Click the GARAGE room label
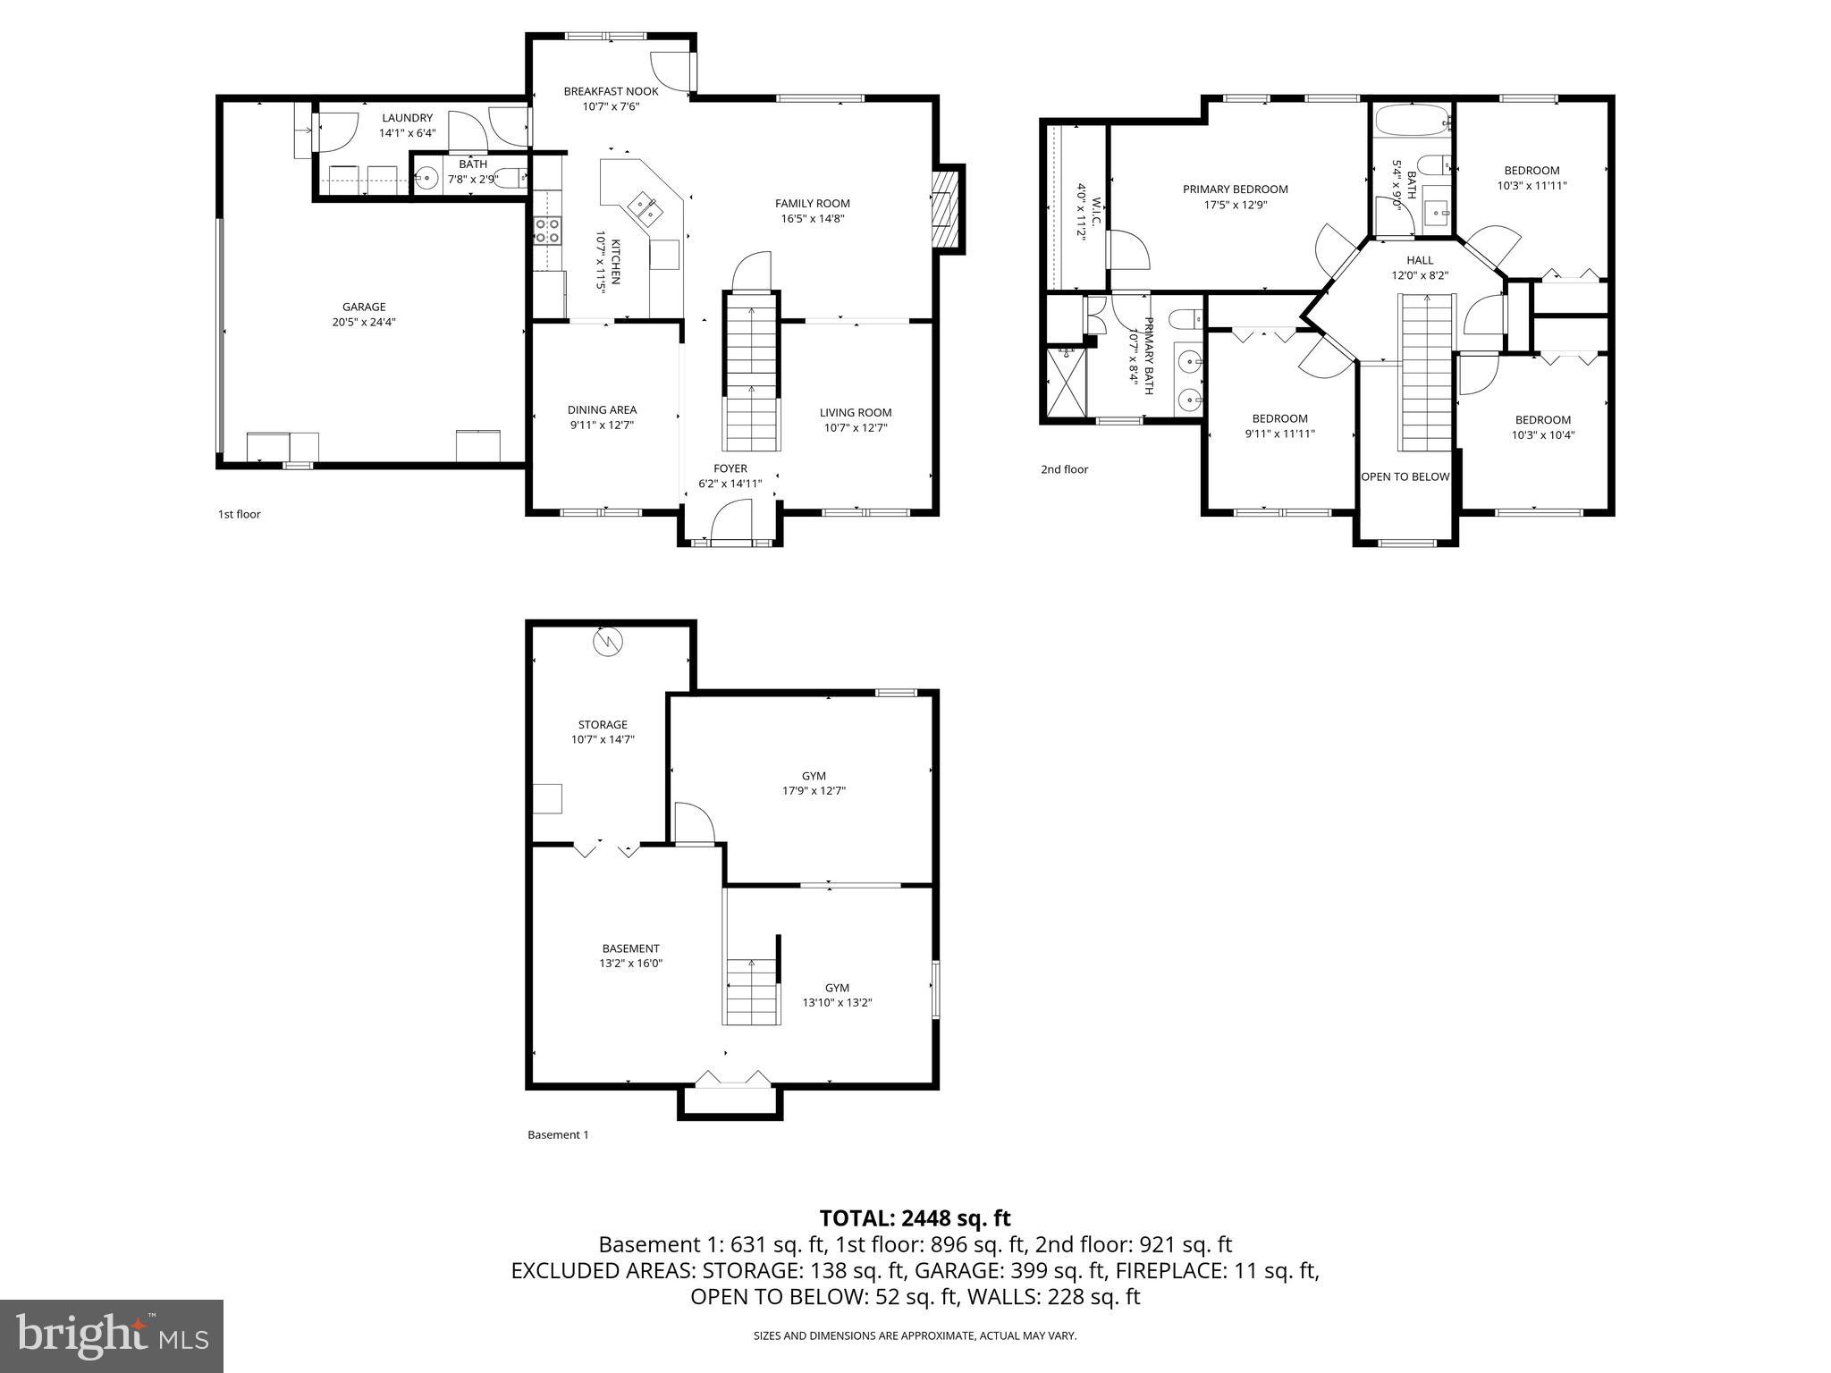[x=364, y=307]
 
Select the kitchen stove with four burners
[x=547, y=231]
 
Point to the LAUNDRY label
[x=407, y=118]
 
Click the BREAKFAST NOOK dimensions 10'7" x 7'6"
[x=611, y=106]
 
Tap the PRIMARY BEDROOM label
[x=1235, y=189]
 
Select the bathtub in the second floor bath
[x=1412, y=121]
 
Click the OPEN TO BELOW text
[x=1405, y=476]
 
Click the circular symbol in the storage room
[x=608, y=642]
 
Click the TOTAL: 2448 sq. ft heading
[x=915, y=1217]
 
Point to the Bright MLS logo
[x=112, y=1335]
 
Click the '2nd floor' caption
[x=1064, y=469]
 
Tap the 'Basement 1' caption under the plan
[x=558, y=1134]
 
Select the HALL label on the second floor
[x=1419, y=260]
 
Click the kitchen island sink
[x=645, y=208]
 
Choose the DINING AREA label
[x=602, y=409]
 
